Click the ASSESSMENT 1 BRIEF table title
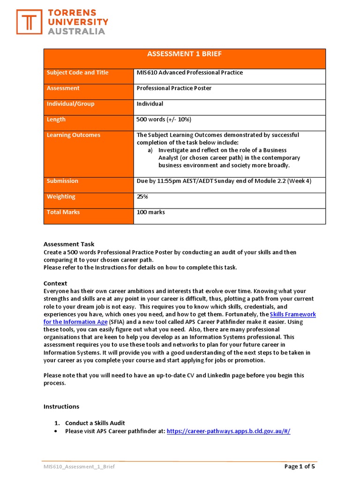click(184, 54)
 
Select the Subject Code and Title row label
click(77, 73)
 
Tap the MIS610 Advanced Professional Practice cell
click(189, 73)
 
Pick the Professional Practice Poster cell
click(173, 88)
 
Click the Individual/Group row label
click(70, 104)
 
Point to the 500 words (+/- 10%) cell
click(164, 120)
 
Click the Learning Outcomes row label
click(73, 135)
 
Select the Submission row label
click(62, 181)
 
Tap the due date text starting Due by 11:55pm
click(224, 181)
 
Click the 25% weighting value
click(142, 197)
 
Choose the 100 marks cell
click(150, 212)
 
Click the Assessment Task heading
click(68, 244)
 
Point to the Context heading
click(55, 284)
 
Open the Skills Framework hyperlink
click(293, 315)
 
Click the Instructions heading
click(61, 406)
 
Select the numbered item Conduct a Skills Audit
click(95, 423)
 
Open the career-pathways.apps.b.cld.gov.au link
click(228, 431)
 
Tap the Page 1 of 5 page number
click(300, 466)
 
